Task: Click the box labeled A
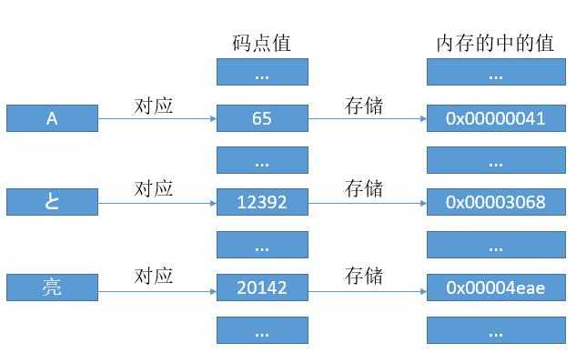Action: [x=51, y=117]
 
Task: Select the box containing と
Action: [x=51, y=202]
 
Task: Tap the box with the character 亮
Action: [x=51, y=287]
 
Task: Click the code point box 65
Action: [x=262, y=117]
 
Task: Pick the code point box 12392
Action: [x=262, y=202]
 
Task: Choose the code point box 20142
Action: [x=262, y=287]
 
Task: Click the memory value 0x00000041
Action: [x=495, y=117]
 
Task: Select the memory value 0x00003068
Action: [x=495, y=202]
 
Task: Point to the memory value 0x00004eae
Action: [x=495, y=287]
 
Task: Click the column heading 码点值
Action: [x=262, y=43]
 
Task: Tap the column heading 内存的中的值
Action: [x=495, y=43]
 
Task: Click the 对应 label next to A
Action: [x=154, y=105]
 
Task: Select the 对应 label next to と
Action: [x=154, y=188]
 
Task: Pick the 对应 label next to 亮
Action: [x=154, y=274]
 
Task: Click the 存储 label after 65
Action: [x=363, y=105]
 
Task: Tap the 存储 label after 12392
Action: [x=363, y=188]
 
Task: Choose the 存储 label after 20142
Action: [x=363, y=274]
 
